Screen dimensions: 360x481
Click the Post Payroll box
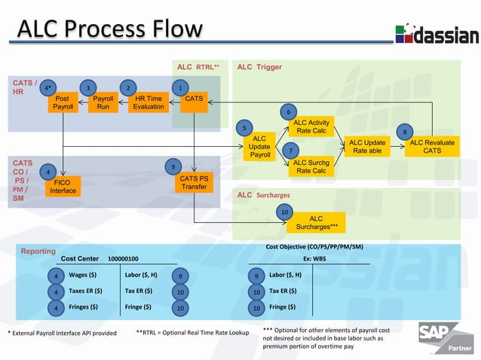click(x=63, y=102)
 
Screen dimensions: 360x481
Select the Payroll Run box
click(x=103, y=102)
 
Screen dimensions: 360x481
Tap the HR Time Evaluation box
click(x=149, y=102)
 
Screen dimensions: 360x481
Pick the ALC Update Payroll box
click(x=259, y=147)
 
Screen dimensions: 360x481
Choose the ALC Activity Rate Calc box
click(x=311, y=127)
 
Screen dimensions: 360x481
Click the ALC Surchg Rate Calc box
click(x=311, y=166)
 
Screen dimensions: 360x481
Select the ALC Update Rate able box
click(x=367, y=147)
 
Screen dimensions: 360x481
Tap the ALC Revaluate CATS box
click(x=432, y=147)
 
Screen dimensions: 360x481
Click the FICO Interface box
click(x=63, y=186)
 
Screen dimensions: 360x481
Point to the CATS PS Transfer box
click(x=194, y=182)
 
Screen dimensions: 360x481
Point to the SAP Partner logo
click(x=449, y=338)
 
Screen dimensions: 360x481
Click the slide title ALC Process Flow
click(x=110, y=30)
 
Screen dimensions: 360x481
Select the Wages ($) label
click(x=83, y=275)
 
